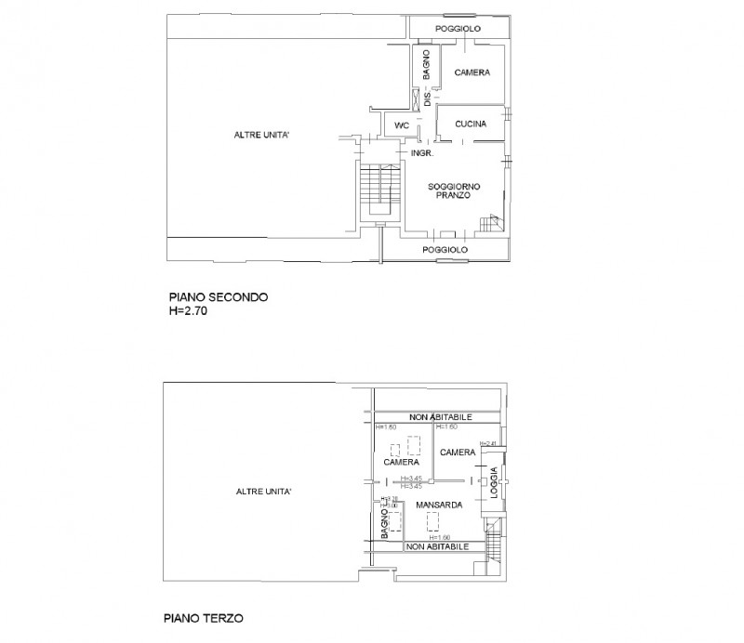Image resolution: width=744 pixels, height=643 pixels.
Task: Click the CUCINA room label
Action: click(472, 124)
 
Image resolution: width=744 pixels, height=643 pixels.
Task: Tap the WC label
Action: click(402, 125)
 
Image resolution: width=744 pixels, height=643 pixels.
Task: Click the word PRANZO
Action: click(452, 196)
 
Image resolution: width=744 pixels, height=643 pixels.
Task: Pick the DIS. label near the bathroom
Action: click(428, 98)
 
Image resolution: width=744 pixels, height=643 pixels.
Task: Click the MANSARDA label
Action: click(432, 505)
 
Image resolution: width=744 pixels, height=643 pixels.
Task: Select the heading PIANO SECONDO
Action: click(219, 297)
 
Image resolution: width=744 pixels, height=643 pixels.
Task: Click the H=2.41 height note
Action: click(488, 444)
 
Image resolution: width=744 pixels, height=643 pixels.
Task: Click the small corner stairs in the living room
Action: click(490, 223)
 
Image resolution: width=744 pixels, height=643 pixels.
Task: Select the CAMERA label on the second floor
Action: click(472, 72)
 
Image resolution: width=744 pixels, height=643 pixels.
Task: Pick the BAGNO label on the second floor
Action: click(425, 67)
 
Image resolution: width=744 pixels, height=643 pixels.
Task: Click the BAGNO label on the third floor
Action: click(383, 528)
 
